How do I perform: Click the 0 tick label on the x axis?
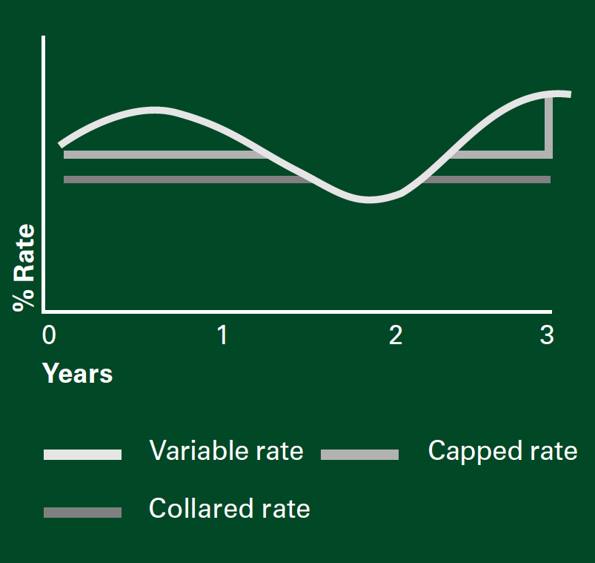click(49, 335)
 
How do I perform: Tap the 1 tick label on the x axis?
click(223, 335)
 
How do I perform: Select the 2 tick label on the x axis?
click(396, 335)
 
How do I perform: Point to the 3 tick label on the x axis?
click(547, 335)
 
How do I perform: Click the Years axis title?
click(77, 373)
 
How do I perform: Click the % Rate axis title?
click(24, 269)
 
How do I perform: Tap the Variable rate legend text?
click(227, 451)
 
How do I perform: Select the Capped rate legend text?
click(503, 452)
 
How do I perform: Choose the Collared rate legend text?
click(230, 508)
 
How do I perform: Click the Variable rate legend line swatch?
click(82, 455)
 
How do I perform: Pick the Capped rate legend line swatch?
click(359, 455)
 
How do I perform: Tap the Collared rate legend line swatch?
click(82, 513)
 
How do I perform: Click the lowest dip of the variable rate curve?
click(368, 200)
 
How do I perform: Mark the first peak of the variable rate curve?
click(153, 111)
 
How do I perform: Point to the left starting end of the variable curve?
click(60, 145)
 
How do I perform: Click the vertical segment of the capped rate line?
click(549, 127)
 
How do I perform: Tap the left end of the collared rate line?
click(64, 180)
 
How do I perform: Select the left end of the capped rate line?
click(64, 154)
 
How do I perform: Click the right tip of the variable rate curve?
click(571, 95)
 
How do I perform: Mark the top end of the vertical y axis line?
click(43, 36)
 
